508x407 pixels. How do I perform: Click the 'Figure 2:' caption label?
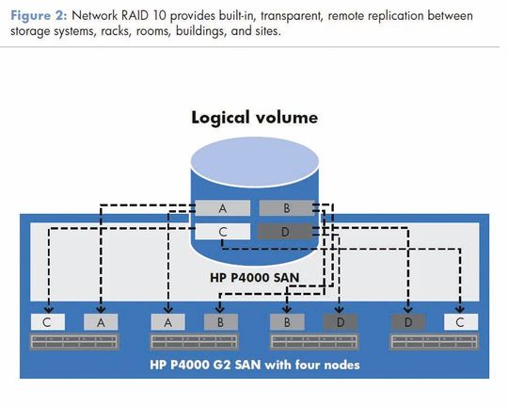tap(39, 16)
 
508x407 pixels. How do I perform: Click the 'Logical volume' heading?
tap(254, 117)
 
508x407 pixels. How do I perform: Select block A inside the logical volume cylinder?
tap(223, 208)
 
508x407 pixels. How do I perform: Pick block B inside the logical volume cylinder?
tap(286, 208)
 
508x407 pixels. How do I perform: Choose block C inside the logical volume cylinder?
tap(223, 232)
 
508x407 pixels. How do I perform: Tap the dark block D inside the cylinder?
tap(285, 232)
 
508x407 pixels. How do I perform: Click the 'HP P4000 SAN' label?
tap(255, 278)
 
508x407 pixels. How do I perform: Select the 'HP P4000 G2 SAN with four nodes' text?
tap(255, 365)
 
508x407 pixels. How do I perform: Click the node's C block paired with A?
tap(48, 322)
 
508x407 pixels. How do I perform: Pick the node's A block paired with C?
tap(101, 322)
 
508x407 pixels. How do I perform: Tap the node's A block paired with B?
tap(167, 322)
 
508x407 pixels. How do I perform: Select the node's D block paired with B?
tap(341, 322)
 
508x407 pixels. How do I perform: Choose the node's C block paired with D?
tap(461, 322)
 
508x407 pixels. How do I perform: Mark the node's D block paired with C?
tap(408, 322)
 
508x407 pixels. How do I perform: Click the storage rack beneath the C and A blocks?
tap(74, 342)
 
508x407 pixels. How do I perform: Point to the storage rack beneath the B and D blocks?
tap(314, 342)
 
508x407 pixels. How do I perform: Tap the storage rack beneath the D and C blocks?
tap(434, 342)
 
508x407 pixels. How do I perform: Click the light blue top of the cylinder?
tap(255, 162)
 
